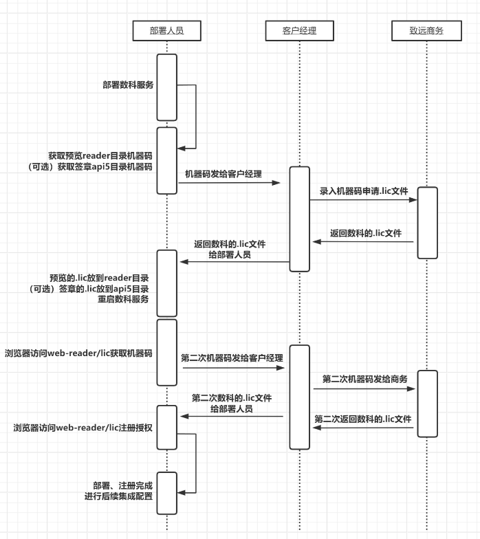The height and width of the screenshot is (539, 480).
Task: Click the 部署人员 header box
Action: point(166,31)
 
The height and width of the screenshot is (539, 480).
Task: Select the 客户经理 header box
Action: point(299,31)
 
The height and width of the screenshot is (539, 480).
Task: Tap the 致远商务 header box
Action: point(426,31)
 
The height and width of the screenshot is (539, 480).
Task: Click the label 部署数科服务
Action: point(128,85)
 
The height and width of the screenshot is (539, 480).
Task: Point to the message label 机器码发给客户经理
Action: point(223,174)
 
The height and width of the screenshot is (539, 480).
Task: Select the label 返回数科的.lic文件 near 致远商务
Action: point(366,233)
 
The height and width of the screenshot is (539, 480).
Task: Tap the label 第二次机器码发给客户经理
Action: point(232,357)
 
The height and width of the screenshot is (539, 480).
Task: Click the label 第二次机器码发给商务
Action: point(365,379)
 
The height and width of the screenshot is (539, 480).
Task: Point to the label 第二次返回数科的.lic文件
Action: point(363,419)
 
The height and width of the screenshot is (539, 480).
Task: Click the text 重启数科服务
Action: point(128,299)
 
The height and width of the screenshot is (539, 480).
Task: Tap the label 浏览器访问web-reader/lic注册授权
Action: point(83,428)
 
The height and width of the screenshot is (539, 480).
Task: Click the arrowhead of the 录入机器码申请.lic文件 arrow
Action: point(415,200)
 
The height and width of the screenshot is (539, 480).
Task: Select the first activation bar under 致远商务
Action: point(427,222)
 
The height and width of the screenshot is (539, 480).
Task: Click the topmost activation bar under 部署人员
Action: point(166,87)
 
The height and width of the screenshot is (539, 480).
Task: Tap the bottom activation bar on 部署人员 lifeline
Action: point(166,492)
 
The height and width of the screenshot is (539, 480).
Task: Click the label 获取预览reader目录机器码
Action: point(100,156)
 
